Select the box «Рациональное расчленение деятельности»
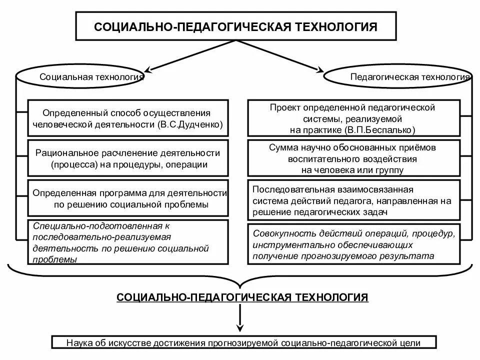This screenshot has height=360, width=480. click(x=128, y=158)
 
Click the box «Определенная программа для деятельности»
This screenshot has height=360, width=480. click(x=128, y=198)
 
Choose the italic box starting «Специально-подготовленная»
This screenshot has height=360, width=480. click(x=128, y=242)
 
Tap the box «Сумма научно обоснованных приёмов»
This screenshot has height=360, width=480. click(x=353, y=158)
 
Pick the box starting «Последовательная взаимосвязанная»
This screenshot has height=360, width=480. click(x=353, y=200)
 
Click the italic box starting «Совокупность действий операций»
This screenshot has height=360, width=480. click(x=353, y=244)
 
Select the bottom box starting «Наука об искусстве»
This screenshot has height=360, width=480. click(x=243, y=343)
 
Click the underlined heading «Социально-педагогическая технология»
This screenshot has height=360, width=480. click(x=242, y=297)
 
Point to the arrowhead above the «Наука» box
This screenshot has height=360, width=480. click(x=240, y=328)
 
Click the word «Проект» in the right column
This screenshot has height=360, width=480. click(x=283, y=108)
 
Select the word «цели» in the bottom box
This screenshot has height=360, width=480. click(x=410, y=343)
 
